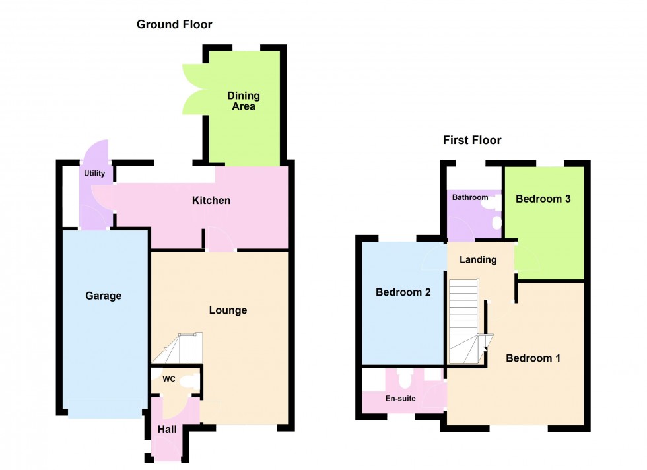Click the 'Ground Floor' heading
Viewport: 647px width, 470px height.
point(174,25)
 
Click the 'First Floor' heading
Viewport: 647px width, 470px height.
point(471,140)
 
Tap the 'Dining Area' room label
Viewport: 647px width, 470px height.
point(244,101)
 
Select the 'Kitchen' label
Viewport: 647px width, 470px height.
point(211,200)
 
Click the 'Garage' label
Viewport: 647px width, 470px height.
point(104,296)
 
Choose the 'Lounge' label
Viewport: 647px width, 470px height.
point(228,310)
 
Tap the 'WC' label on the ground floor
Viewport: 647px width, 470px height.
point(168,380)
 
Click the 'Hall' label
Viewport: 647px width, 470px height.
point(167,430)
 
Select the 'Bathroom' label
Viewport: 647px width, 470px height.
point(470,197)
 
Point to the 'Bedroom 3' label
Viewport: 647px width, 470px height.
point(543,199)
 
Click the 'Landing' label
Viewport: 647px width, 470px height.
point(478,259)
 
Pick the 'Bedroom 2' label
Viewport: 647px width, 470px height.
point(403,292)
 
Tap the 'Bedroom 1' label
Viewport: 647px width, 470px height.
point(533,358)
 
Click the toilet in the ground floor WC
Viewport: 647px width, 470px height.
point(188,380)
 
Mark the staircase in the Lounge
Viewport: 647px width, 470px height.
point(182,348)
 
